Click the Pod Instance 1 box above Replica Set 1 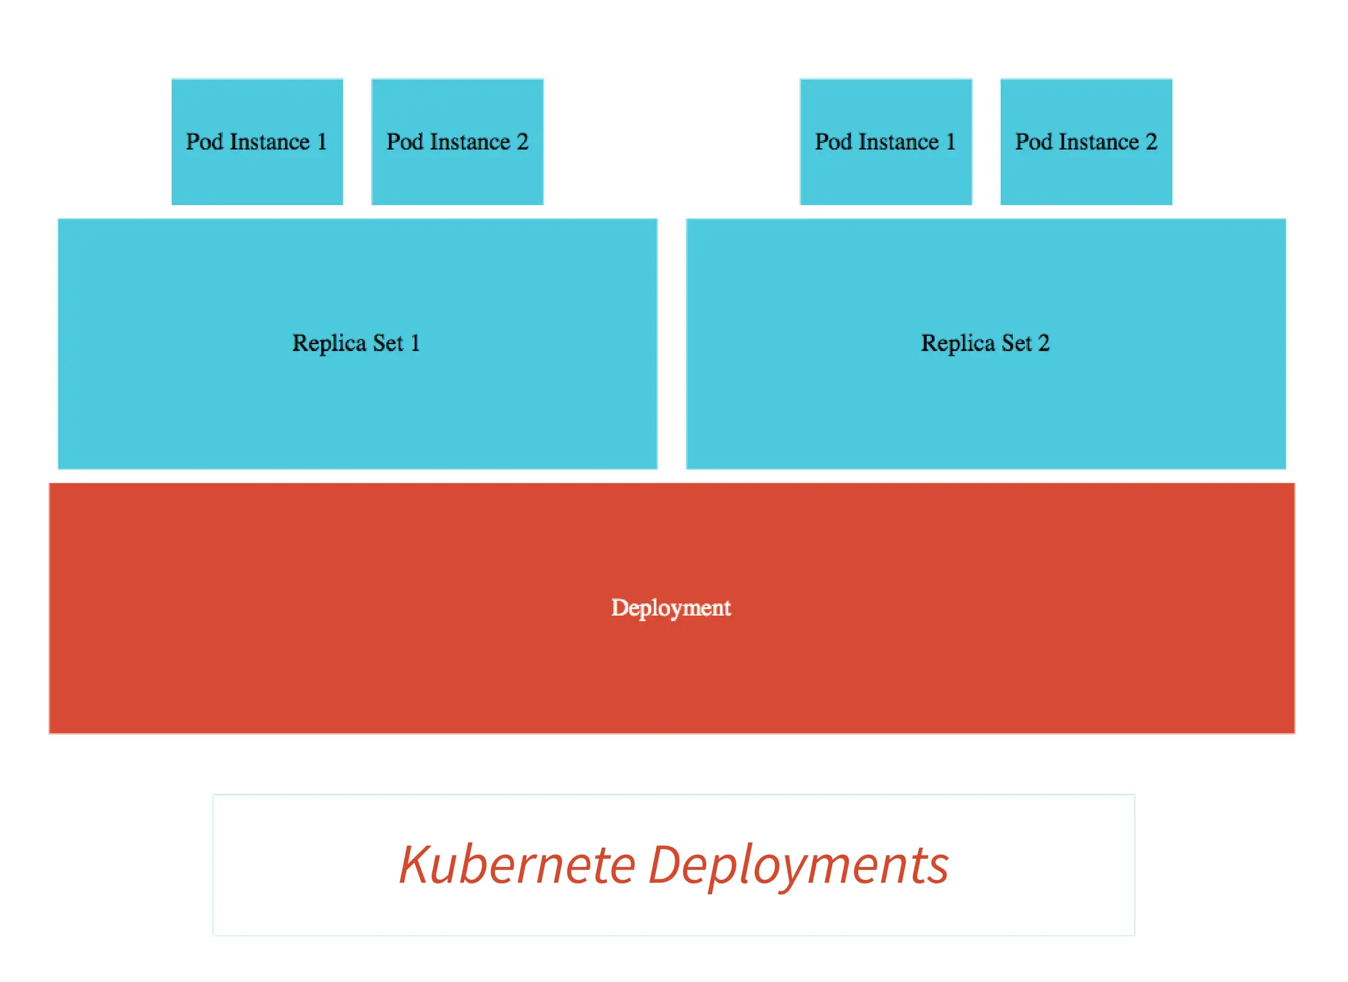(257, 141)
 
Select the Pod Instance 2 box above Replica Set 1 (457, 141)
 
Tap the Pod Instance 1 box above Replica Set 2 (885, 141)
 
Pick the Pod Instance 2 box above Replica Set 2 (1086, 141)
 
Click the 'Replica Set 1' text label (356, 343)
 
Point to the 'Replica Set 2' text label (985, 343)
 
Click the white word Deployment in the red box (671, 607)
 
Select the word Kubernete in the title (517, 864)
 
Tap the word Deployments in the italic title (798, 866)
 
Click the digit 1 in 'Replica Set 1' (415, 343)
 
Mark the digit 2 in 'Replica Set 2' (1043, 343)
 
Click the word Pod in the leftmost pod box (204, 141)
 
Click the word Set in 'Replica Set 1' (388, 343)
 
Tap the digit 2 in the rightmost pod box (1151, 141)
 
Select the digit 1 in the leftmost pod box (322, 141)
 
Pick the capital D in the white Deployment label (619, 606)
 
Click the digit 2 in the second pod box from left (522, 141)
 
